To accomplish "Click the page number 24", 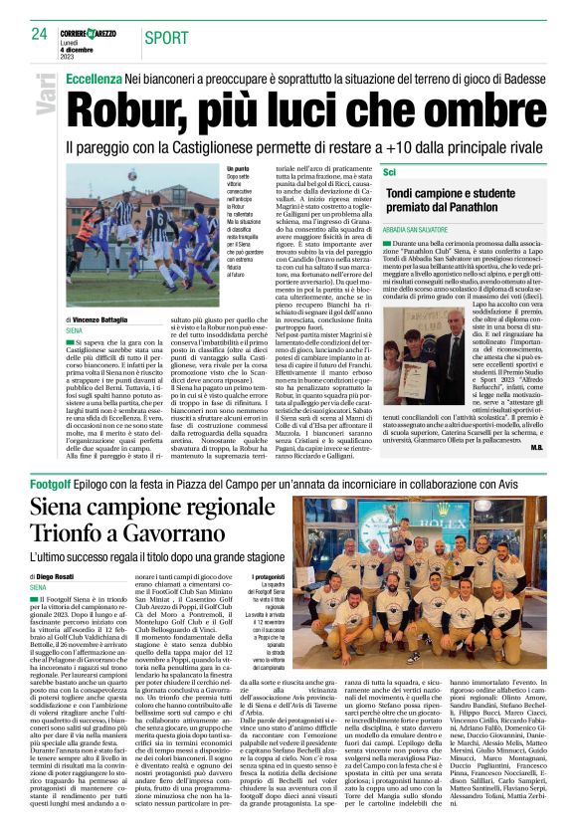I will coord(40,34).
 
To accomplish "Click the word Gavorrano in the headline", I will coord(198,538).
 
